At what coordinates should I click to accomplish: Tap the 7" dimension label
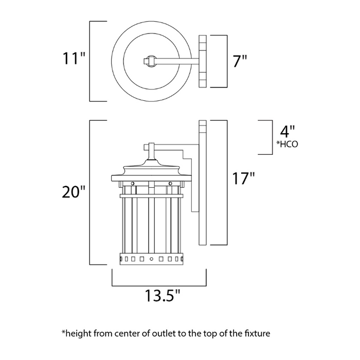point(240,61)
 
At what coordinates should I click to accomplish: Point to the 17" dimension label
point(243,179)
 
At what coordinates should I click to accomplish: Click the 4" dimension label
point(286,130)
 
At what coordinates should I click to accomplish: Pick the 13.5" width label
point(161,297)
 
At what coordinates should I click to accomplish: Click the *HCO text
point(287,145)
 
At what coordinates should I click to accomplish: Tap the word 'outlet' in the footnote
point(156,334)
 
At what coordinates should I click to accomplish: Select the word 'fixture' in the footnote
point(256,334)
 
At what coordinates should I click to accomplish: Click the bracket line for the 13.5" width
point(159,284)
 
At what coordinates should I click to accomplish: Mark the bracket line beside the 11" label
point(91,61)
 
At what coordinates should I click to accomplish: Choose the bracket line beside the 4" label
point(271,137)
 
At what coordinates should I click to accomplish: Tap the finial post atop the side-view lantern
point(151,151)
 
